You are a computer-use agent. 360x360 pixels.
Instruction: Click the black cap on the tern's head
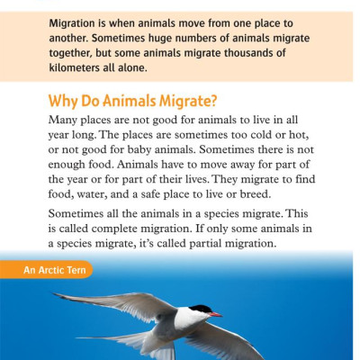[199, 309]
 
